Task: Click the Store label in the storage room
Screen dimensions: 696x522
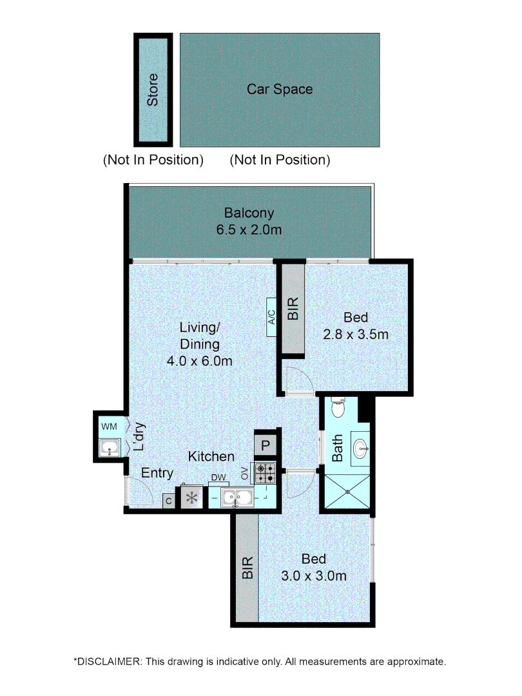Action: click(x=153, y=90)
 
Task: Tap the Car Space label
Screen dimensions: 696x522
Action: click(x=280, y=89)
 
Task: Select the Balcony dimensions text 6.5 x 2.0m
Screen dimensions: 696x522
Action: click(x=249, y=229)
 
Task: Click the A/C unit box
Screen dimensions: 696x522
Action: click(x=271, y=317)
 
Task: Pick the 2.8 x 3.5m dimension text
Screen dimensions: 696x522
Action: click(x=356, y=335)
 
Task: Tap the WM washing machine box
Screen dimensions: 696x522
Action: click(x=108, y=426)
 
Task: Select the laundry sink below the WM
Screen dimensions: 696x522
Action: click(x=110, y=448)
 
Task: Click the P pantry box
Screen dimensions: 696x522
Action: click(x=266, y=445)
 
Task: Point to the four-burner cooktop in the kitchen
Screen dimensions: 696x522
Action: click(x=264, y=474)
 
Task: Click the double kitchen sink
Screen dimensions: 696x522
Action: click(x=237, y=497)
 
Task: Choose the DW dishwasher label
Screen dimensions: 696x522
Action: click(x=217, y=478)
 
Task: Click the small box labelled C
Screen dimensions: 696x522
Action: click(x=168, y=501)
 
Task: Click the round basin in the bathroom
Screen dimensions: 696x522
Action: click(x=361, y=444)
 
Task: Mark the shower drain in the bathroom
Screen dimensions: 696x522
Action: click(x=347, y=491)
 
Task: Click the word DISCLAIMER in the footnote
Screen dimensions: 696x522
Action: click(x=109, y=661)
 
